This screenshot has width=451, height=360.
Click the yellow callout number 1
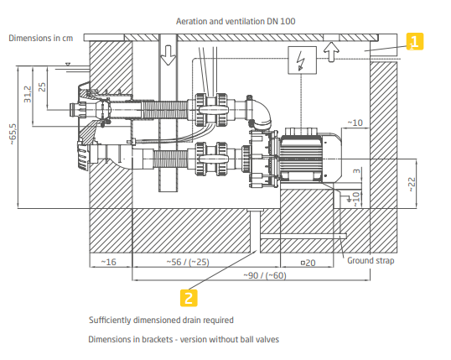[414, 41]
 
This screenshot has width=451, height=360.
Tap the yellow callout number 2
[189, 298]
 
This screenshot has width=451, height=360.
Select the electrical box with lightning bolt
[302, 60]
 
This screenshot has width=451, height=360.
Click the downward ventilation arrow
[168, 55]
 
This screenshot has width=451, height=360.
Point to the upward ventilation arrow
[331, 51]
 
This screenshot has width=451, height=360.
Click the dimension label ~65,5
[13, 134]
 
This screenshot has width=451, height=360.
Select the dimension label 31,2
[28, 94]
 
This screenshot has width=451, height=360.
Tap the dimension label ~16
[108, 262]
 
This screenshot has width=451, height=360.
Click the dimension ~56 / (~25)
[188, 262]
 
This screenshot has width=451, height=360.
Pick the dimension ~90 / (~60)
[265, 275]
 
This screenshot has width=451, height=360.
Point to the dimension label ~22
[412, 185]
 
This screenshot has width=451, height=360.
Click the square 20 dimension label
[308, 263]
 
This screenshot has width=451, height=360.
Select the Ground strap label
[371, 261]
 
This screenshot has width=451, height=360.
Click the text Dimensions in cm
[41, 38]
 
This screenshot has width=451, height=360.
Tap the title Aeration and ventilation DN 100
[236, 21]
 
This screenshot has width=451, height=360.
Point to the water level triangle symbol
[68, 65]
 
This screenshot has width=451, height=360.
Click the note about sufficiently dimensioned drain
[161, 321]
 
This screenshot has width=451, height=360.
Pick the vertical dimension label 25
[42, 87]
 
